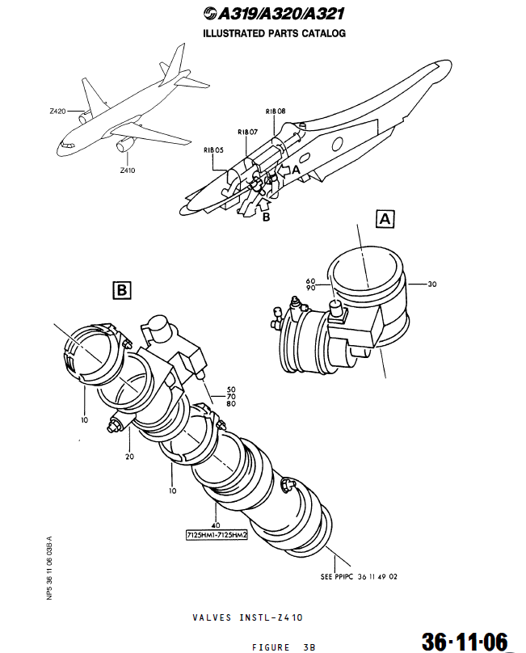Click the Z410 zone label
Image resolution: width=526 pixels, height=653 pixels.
(x=127, y=171)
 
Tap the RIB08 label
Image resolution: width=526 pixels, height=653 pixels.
(x=276, y=111)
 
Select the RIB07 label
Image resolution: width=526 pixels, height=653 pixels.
(x=247, y=132)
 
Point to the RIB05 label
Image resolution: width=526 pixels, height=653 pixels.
(x=213, y=150)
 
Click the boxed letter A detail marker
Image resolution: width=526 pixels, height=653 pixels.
(x=385, y=218)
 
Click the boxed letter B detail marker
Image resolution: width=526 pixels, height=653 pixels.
(x=120, y=289)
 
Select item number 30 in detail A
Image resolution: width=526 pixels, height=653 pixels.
(x=431, y=284)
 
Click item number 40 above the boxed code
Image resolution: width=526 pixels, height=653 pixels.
(x=216, y=525)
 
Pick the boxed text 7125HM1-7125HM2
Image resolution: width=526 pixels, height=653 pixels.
(x=215, y=535)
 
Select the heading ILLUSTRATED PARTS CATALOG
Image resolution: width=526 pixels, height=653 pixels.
(x=274, y=34)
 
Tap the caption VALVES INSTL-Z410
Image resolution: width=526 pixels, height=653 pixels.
(x=247, y=617)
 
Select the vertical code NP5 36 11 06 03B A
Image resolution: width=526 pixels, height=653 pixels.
(x=49, y=566)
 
